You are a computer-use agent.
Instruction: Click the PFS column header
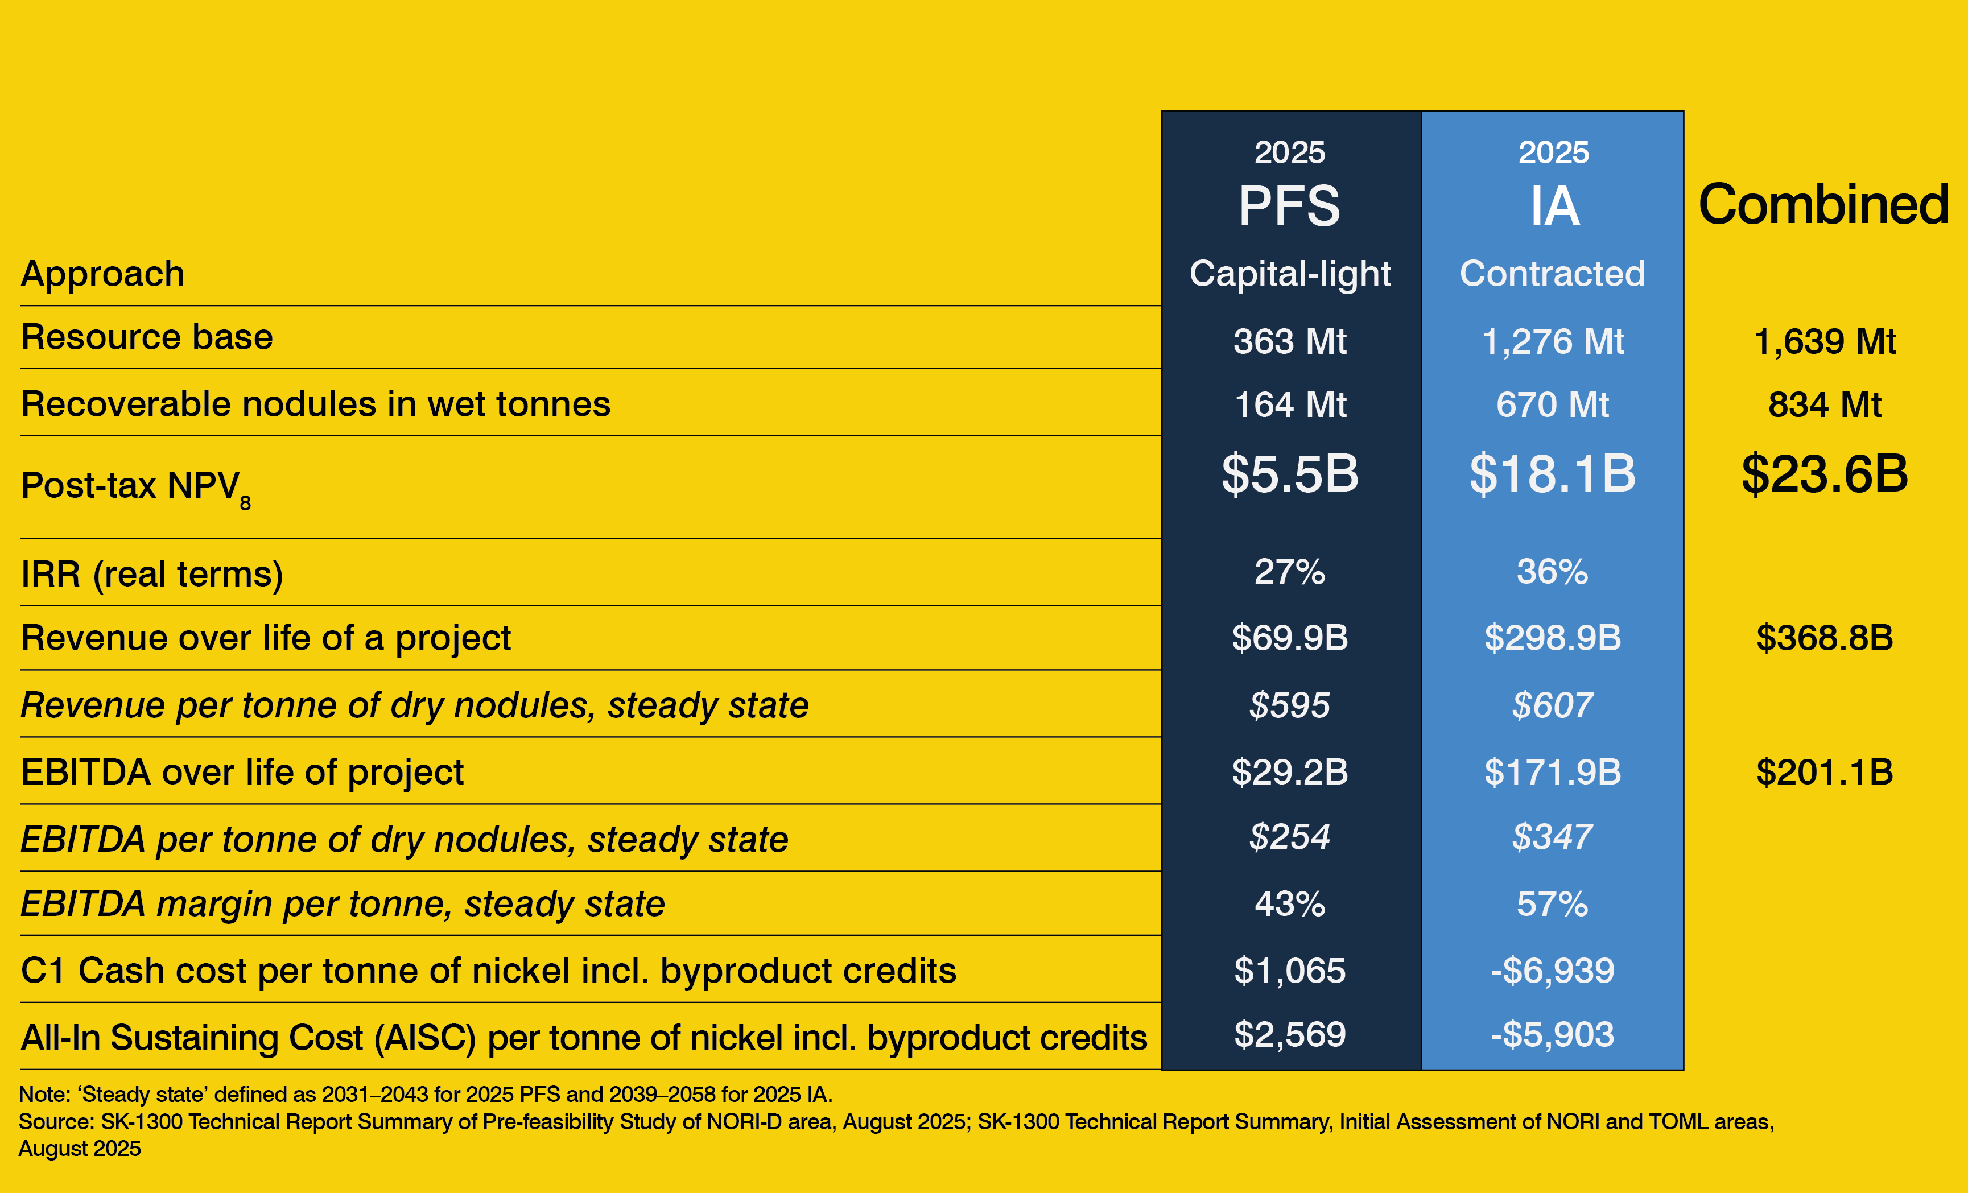tap(1289, 206)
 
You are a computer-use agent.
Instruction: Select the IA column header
tap(1553, 206)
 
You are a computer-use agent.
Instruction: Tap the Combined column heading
tap(1823, 204)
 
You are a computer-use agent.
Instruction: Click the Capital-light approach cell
tap(1289, 274)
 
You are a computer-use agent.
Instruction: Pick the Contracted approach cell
tap(1552, 274)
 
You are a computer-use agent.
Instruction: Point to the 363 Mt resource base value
tap(1289, 341)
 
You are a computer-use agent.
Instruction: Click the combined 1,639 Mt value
tap(1824, 341)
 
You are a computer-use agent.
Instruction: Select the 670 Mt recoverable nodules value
tap(1552, 404)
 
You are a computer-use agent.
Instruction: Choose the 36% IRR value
tap(1552, 572)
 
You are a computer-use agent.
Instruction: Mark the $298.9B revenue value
tap(1552, 637)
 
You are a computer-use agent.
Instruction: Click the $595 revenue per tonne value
tap(1289, 705)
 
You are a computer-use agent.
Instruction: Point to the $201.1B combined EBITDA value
tap(1824, 771)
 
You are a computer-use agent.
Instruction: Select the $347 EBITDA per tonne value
tap(1552, 837)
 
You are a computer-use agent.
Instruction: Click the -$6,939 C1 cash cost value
tap(1552, 970)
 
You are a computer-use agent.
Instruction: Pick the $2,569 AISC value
tap(1289, 1034)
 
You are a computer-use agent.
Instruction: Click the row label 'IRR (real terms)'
tap(152, 574)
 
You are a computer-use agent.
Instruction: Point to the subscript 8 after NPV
tap(245, 503)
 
